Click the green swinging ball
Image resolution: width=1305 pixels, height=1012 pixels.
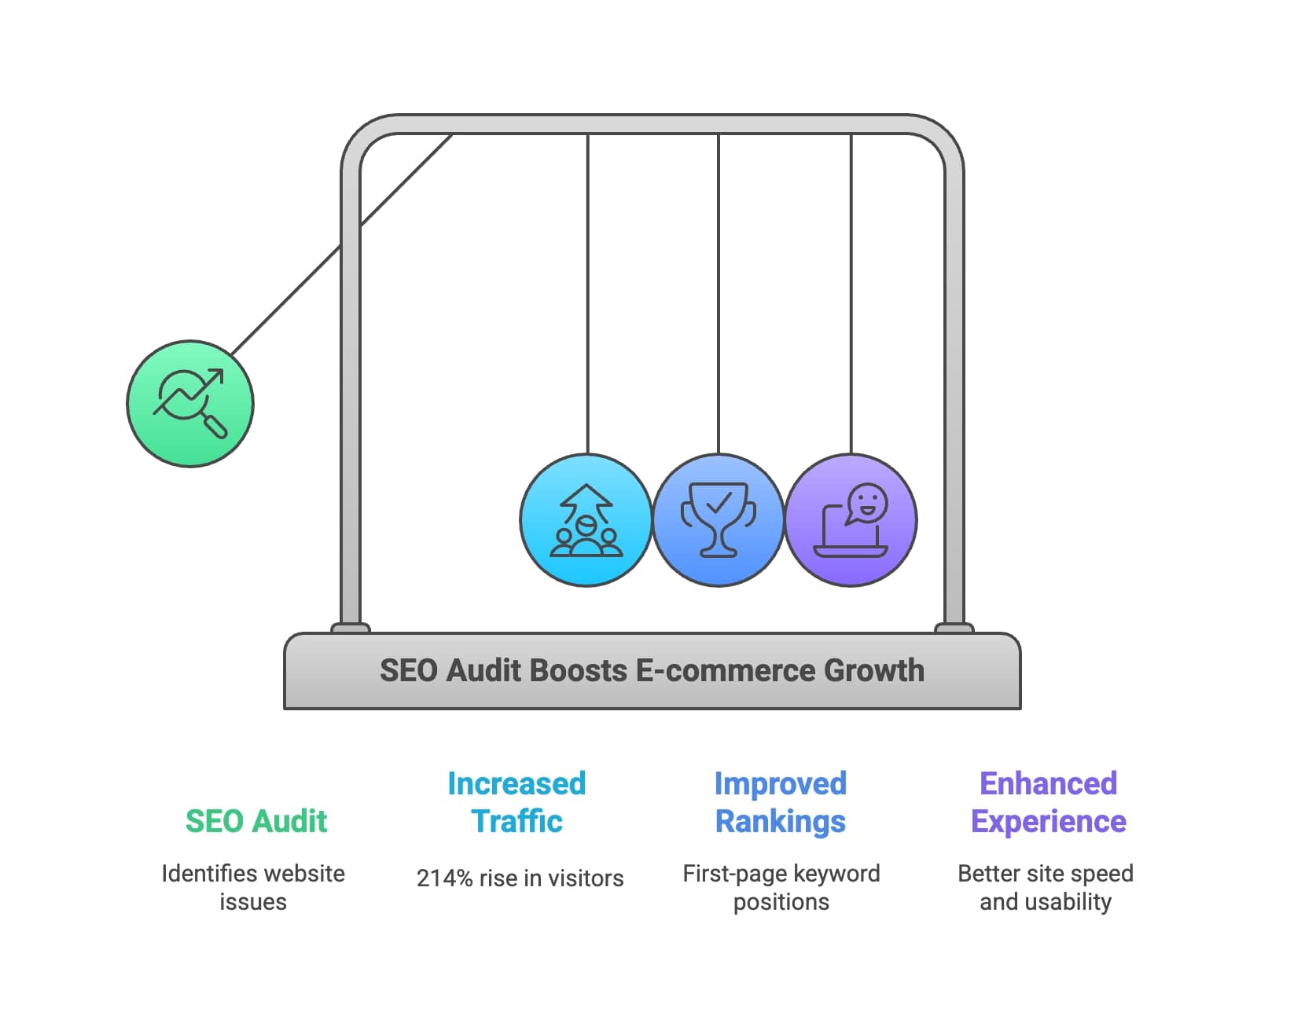[x=190, y=404]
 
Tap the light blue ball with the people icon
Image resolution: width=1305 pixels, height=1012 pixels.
[x=586, y=520]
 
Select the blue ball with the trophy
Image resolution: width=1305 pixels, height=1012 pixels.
[x=719, y=520]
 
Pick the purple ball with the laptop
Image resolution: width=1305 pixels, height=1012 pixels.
[x=851, y=520]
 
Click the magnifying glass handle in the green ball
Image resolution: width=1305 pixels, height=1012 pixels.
[x=215, y=425]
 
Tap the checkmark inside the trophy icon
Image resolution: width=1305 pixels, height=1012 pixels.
[x=719, y=502]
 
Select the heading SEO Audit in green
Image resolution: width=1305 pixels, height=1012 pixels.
[x=256, y=821]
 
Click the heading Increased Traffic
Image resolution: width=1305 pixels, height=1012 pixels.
[x=516, y=802]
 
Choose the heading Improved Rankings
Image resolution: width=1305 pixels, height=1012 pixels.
[x=781, y=802]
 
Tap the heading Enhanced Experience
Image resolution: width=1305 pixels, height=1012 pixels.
[x=1048, y=802]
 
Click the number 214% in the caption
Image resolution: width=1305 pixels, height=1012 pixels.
[x=444, y=878]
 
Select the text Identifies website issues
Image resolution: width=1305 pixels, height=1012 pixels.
[x=253, y=887]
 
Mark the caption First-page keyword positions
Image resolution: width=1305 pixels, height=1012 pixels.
[x=781, y=887]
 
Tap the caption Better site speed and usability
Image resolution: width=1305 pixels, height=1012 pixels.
[x=1046, y=887]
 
